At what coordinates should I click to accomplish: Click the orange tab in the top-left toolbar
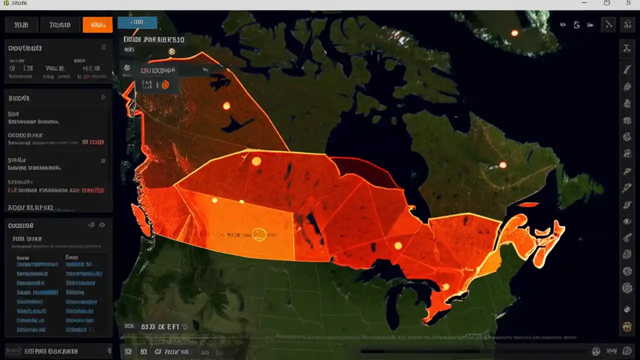pyautogui.click(x=97, y=24)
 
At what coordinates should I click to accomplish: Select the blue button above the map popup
pyautogui.click(x=137, y=22)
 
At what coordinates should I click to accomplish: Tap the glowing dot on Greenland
pyautogui.click(x=514, y=33)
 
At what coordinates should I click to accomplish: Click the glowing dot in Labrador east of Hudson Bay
pyautogui.click(x=502, y=165)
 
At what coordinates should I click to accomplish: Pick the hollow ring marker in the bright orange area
pyautogui.click(x=258, y=233)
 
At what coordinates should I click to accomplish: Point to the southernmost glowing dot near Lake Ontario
pyautogui.click(x=445, y=286)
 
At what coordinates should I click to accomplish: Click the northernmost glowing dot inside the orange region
pyautogui.click(x=226, y=105)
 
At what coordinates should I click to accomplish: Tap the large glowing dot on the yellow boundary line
pyautogui.click(x=256, y=161)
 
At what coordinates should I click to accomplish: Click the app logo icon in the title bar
pyautogui.click(x=6, y=3)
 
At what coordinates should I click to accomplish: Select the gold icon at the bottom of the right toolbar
pyautogui.click(x=626, y=327)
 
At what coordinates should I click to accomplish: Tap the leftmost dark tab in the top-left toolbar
pyautogui.click(x=20, y=24)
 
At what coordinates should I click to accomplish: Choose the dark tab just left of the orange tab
pyautogui.click(x=59, y=24)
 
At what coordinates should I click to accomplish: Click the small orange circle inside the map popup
pyautogui.click(x=166, y=85)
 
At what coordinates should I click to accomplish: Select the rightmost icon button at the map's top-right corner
pyautogui.click(x=626, y=24)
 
